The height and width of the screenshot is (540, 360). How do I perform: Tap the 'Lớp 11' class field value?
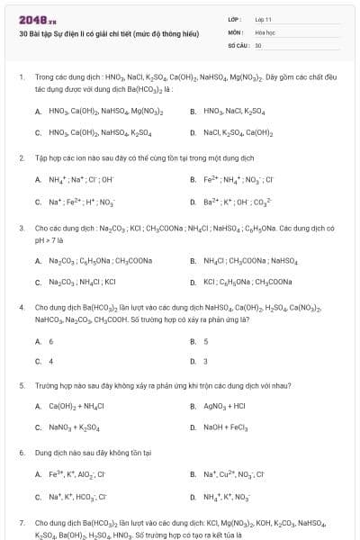pos(263,19)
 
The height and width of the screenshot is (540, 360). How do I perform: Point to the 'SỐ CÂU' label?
pos(238,44)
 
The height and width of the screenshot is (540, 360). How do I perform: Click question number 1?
pos(21,78)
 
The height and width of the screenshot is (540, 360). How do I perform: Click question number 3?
pos(21,229)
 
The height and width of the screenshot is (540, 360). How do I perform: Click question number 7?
pos(21,522)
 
